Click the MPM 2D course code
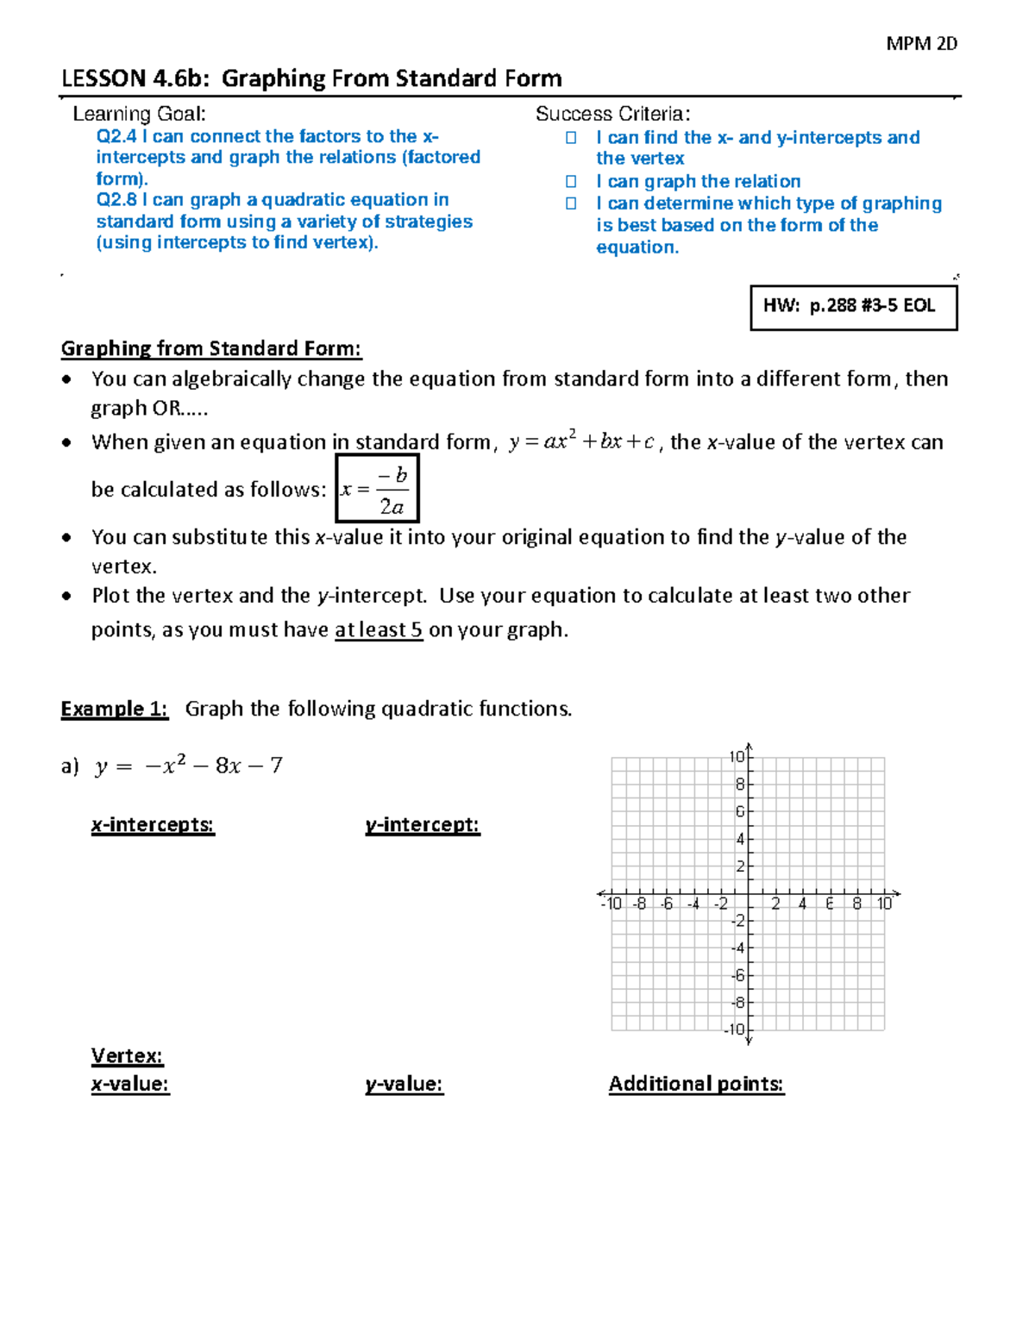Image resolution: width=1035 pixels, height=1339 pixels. pos(921,43)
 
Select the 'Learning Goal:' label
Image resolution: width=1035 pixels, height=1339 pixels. pos(139,114)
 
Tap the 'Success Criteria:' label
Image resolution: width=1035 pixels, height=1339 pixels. pos(612,114)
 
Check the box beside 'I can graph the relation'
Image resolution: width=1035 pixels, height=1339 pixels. pos(571,181)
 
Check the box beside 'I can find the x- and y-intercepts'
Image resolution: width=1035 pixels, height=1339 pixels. pos(571,138)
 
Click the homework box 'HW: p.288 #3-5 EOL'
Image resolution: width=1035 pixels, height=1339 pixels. pos(853,306)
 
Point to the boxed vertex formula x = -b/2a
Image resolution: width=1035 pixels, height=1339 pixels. pos(377,490)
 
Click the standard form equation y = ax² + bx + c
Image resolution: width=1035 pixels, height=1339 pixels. pos(582,442)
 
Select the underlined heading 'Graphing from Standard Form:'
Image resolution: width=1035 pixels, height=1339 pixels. pos(211,348)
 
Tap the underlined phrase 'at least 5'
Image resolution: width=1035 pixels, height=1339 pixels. pos(379,630)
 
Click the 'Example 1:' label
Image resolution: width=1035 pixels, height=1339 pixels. pos(114,709)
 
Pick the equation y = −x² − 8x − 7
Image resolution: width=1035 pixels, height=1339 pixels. pos(188,766)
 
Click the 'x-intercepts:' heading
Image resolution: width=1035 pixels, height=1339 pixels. pos(153,825)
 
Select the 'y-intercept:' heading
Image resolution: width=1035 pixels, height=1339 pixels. pos(423,825)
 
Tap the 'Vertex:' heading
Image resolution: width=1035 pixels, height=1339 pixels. pos(127,1056)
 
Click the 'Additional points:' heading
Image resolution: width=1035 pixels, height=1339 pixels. pos(696,1084)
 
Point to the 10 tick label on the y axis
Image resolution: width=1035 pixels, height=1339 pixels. pos(737,757)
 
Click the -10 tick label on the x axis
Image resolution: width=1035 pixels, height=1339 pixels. pos(611,904)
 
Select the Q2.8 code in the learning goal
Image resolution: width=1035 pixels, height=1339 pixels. pos(116,200)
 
